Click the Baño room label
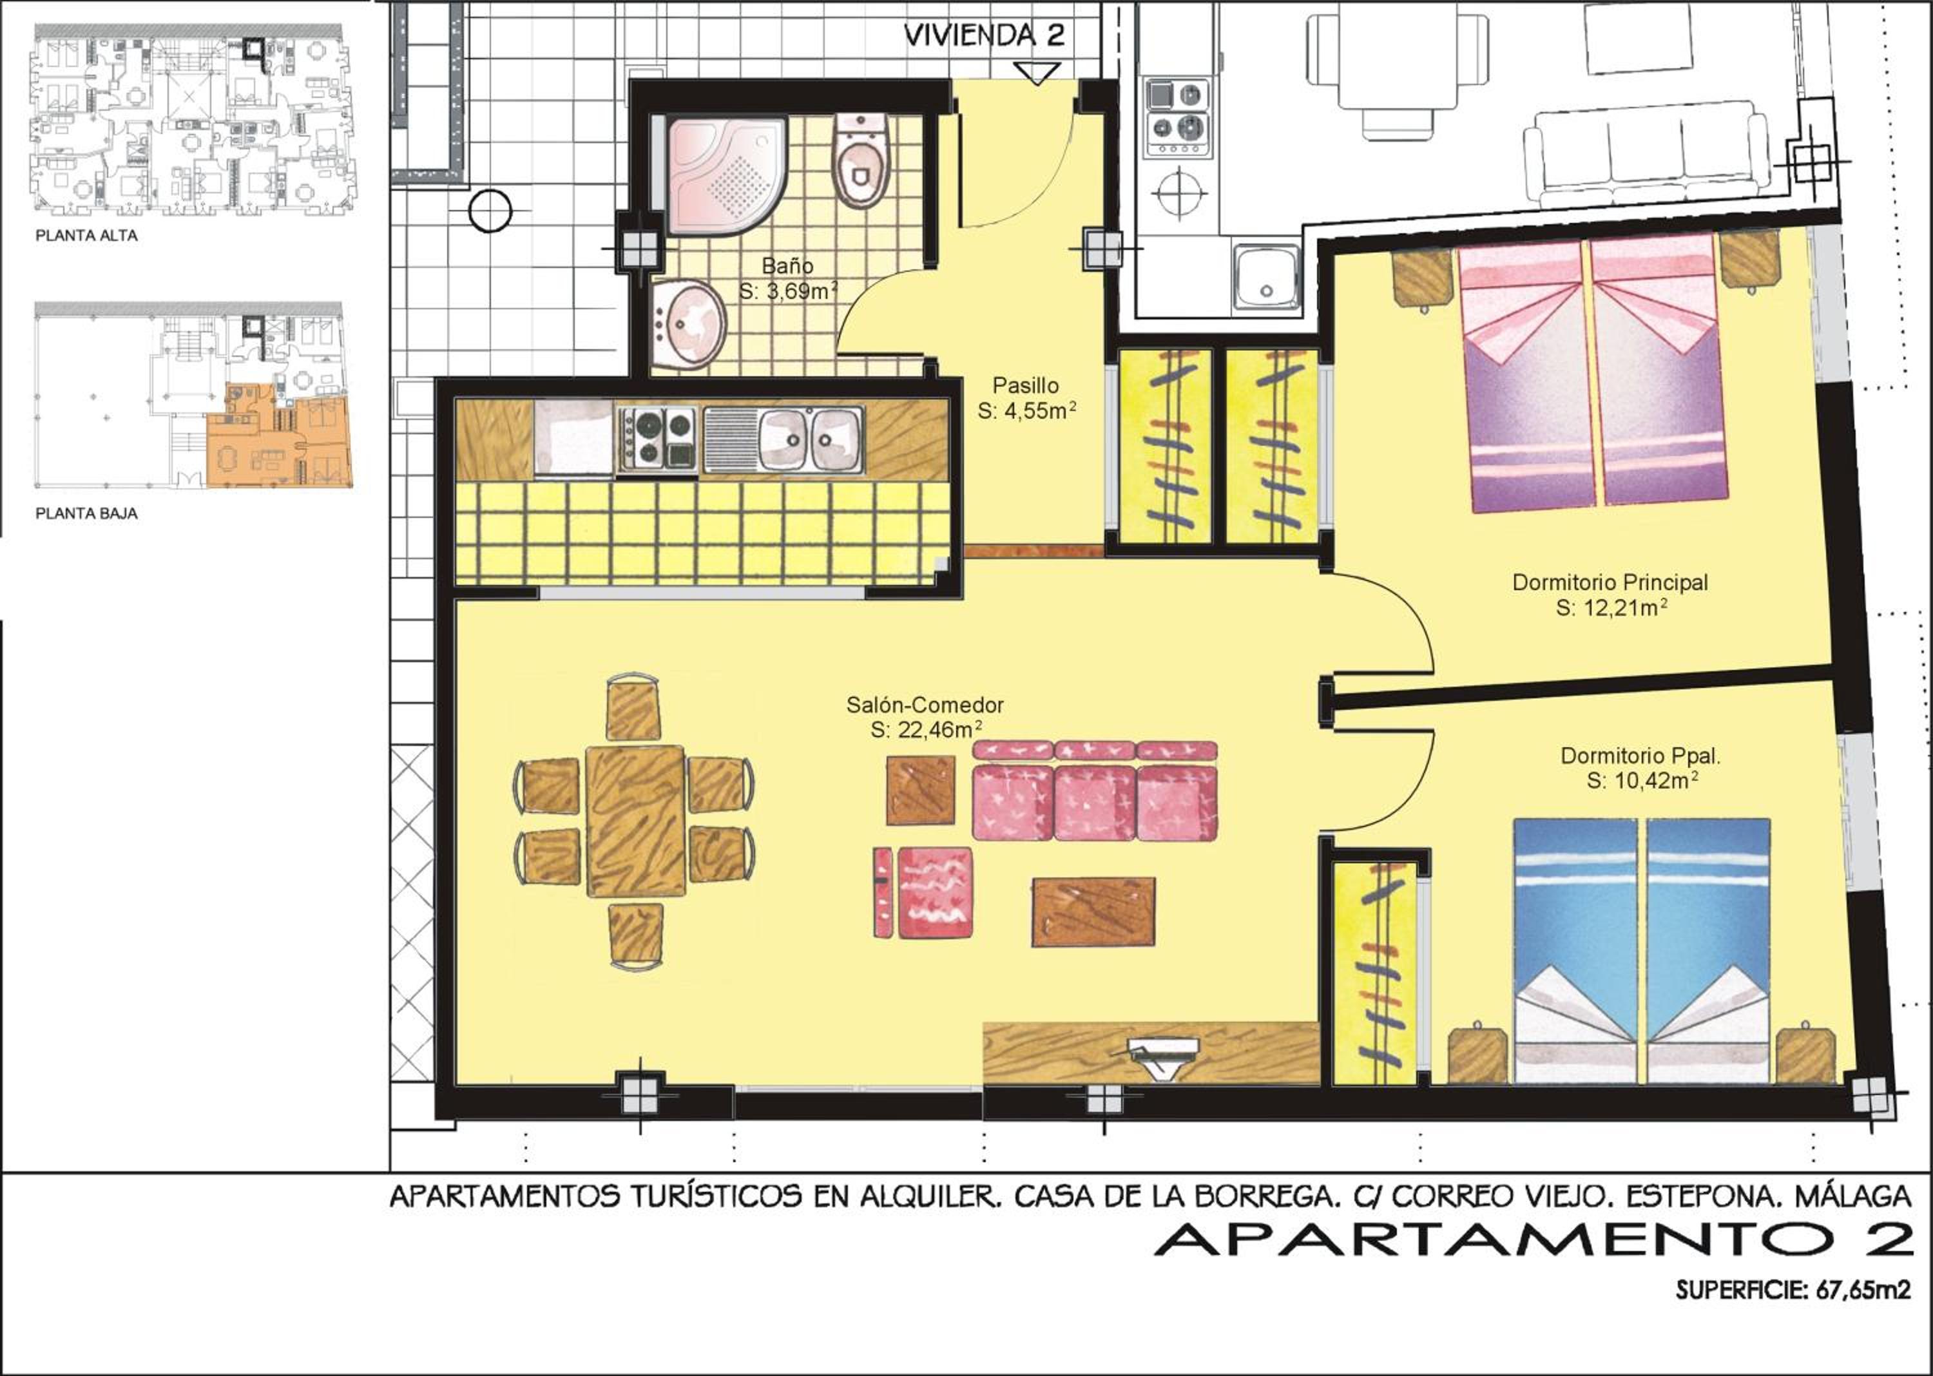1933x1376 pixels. click(x=787, y=266)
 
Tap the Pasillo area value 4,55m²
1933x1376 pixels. click(x=1026, y=411)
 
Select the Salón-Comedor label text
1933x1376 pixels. click(x=925, y=704)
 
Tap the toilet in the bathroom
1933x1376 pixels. click(x=860, y=161)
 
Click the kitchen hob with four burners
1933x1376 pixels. click(x=658, y=438)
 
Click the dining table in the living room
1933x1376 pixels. click(x=635, y=820)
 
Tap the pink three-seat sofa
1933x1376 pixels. click(x=1095, y=790)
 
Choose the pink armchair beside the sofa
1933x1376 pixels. click(x=924, y=892)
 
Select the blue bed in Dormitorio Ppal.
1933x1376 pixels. click(x=1642, y=951)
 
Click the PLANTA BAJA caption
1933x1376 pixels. click(x=86, y=513)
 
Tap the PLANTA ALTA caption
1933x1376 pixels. click(x=86, y=236)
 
